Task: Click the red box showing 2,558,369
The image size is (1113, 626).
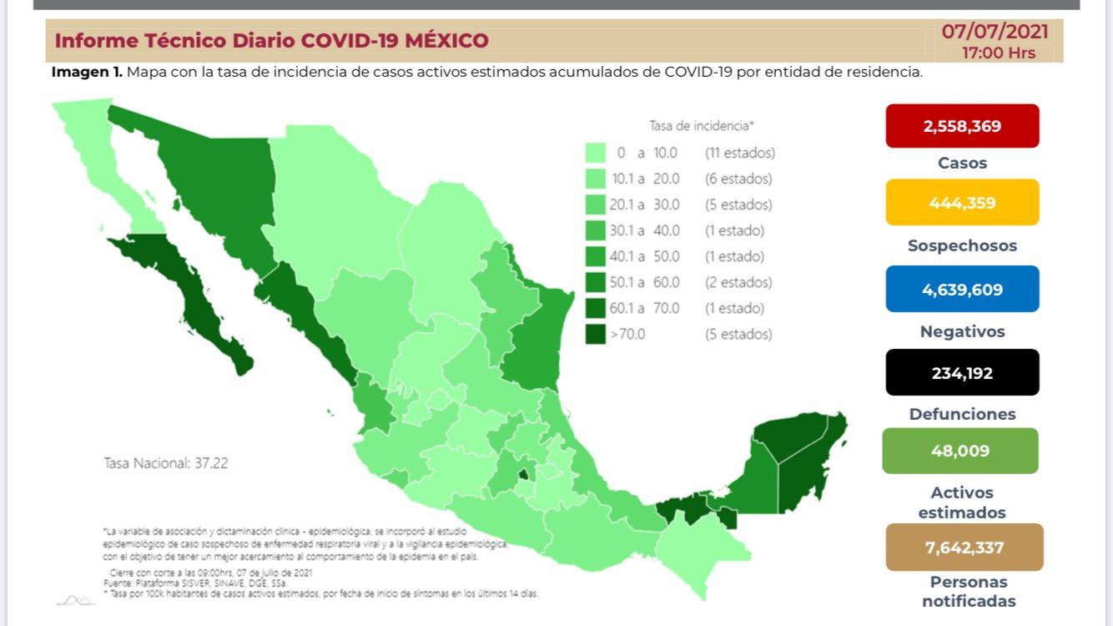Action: [x=962, y=126]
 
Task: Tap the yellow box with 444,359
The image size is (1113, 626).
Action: [x=962, y=202]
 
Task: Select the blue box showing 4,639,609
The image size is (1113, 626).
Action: [x=962, y=290]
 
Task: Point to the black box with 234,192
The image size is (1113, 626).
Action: [x=962, y=372]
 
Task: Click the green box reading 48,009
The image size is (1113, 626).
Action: [x=960, y=451]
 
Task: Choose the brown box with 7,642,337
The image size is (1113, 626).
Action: [x=964, y=548]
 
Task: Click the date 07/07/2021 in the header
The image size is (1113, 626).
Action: [x=995, y=32]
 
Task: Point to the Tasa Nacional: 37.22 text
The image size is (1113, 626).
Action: [x=165, y=462]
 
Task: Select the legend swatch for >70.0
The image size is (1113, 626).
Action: [x=596, y=334]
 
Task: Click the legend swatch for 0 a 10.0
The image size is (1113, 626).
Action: [x=596, y=153]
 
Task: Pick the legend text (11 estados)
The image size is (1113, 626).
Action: [x=739, y=153]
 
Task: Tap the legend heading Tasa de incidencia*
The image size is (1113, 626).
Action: [x=701, y=126]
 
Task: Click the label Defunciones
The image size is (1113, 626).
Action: [x=962, y=414]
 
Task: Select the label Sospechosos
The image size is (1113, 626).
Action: [x=962, y=246]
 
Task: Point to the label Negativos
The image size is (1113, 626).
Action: [x=962, y=331]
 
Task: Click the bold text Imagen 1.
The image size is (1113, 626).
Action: [x=87, y=72]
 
